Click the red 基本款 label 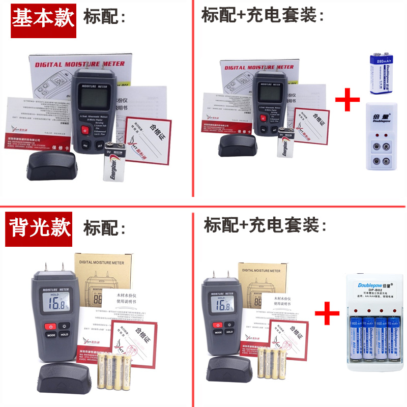tap(44, 19)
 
